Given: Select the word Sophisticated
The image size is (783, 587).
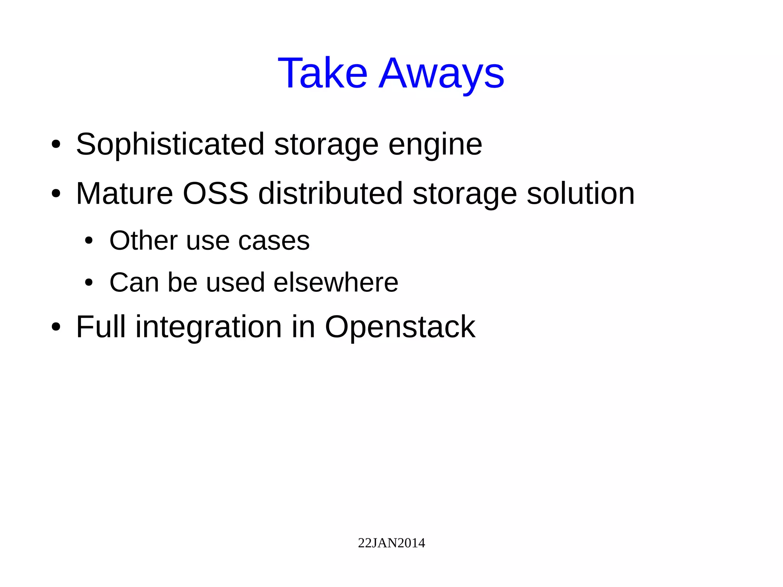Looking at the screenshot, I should pyautogui.click(x=170, y=145).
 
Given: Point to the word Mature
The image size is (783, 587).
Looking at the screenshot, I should pyautogui.click(x=124, y=193).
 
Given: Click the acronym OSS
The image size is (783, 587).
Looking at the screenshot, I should pyautogui.click(x=216, y=193).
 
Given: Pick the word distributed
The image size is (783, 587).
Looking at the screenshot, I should pyautogui.click(x=330, y=193).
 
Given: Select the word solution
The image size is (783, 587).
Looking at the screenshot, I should pyautogui.click(x=580, y=193).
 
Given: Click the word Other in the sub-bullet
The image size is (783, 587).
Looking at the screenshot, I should pyautogui.click(x=143, y=241).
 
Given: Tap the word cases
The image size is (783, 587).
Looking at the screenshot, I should pyautogui.click(x=274, y=241).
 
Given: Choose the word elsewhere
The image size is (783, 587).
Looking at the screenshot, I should pyautogui.click(x=336, y=283).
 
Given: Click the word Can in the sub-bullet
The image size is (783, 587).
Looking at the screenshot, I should pyautogui.click(x=134, y=283).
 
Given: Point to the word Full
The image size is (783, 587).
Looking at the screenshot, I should pyautogui.click(x=101, y=327).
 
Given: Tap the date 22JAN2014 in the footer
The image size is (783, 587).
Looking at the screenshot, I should pyautogui.click(x=391, y=543).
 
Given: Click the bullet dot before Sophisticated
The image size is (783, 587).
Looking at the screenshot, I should pyautogui.click(x=56, y=145).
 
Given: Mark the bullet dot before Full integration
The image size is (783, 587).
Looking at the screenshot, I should pyautogui.click(x=56, y=327).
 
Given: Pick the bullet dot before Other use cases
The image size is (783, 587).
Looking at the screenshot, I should pyautogui.click(x=89, y=241).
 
